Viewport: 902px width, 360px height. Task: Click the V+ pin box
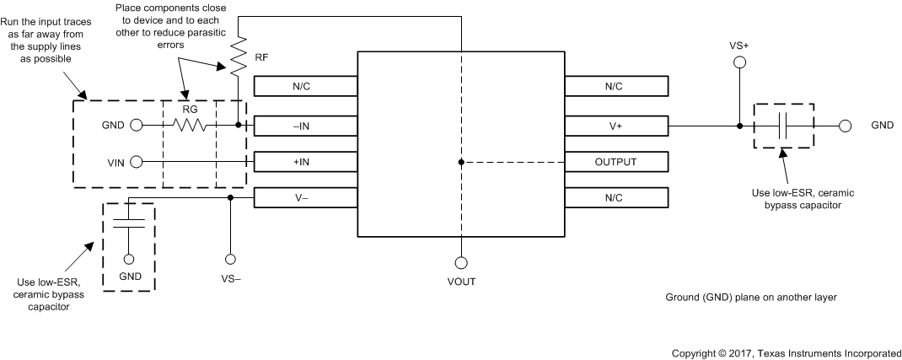point(616,126)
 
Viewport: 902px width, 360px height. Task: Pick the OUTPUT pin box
point(616,161)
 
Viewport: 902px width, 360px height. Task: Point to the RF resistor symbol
point(239,53)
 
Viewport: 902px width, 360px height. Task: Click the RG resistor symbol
point(191,126)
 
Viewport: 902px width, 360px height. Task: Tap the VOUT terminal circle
point(461,261)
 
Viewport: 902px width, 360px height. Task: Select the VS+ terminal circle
point(739,62)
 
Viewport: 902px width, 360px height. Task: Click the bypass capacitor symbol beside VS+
point(783,126)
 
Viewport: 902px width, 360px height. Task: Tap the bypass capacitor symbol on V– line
point(129,221)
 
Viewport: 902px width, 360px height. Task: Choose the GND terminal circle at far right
point(846,126)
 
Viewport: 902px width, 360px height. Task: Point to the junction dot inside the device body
point(461,161)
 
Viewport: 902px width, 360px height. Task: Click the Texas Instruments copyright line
point(786,352)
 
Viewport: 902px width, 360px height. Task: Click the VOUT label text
point(461,281)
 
